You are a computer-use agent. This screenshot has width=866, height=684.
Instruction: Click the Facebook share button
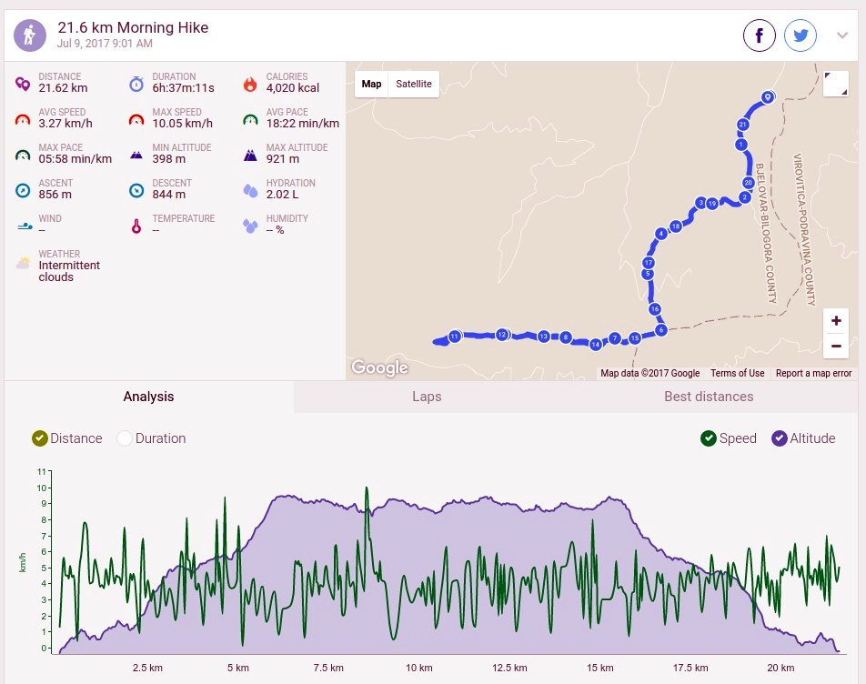point(759,35)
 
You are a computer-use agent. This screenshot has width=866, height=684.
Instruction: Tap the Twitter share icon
point(801,35)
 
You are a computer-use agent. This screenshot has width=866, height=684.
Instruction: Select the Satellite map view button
point(414,84)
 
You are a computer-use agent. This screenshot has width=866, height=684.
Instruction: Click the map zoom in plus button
point(836,320)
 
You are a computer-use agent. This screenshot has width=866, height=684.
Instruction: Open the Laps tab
point(427,397)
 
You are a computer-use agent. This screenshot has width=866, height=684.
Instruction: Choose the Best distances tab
point(709,397)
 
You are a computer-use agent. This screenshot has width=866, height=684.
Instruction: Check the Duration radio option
point(125,438)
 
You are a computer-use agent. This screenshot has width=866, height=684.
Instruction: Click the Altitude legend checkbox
point(780,438)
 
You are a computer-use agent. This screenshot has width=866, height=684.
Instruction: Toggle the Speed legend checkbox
point(708,438)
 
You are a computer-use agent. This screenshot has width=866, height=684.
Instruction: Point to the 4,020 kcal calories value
point(293,88)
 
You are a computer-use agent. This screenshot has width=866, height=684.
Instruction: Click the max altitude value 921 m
point(283,159)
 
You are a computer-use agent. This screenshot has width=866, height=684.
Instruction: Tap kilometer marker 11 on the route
point(455,337)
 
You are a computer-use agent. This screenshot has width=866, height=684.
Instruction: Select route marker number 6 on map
point(661,330)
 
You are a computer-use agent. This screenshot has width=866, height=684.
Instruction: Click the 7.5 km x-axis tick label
point(328,668)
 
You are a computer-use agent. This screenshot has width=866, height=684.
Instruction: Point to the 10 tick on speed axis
point(42,488)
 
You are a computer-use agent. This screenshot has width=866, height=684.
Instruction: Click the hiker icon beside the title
point(30,35)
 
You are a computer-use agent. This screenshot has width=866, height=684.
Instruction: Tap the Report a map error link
point(813,373)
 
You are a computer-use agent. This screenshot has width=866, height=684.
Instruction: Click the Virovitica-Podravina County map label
point(804,229)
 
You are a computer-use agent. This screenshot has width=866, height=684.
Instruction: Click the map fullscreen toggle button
point(836,84)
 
